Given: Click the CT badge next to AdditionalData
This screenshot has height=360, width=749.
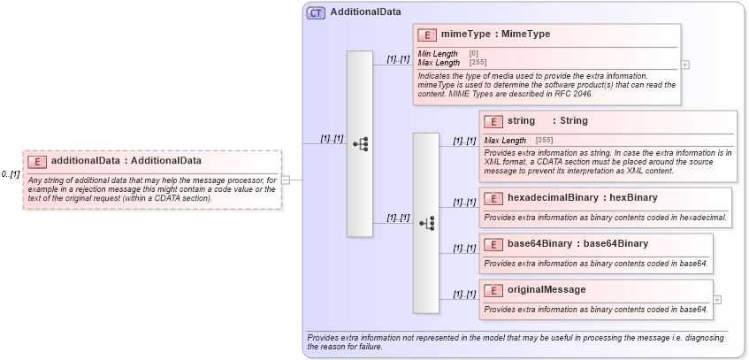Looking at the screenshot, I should [316, 12].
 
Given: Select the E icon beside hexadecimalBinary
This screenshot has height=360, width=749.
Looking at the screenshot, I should [493, 197].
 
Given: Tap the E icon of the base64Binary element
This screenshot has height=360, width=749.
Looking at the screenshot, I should [493, 243].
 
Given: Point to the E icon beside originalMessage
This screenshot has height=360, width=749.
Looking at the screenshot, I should [493, 289].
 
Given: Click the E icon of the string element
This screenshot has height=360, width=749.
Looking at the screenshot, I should [493, 121].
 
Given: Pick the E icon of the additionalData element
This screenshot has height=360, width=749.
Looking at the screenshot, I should [37, 161].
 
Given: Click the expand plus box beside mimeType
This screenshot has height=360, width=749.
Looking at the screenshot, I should [685, 65].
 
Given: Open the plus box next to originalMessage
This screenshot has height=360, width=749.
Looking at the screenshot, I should [717, 299].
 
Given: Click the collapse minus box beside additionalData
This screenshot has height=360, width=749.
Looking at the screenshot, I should [285, 180].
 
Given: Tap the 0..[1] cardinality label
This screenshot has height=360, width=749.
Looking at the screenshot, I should [11, 174].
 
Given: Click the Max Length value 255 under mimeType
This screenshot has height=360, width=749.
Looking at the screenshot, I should [478, 63].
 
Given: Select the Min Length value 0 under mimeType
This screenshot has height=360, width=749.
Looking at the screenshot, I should [474, 54].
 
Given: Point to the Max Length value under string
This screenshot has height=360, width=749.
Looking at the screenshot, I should [544, 140].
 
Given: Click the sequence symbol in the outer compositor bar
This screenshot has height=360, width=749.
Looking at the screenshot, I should [360, 143].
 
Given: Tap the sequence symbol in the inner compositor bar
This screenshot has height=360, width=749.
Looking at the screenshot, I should [426, 223].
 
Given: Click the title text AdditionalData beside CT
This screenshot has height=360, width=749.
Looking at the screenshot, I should [365, 12].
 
